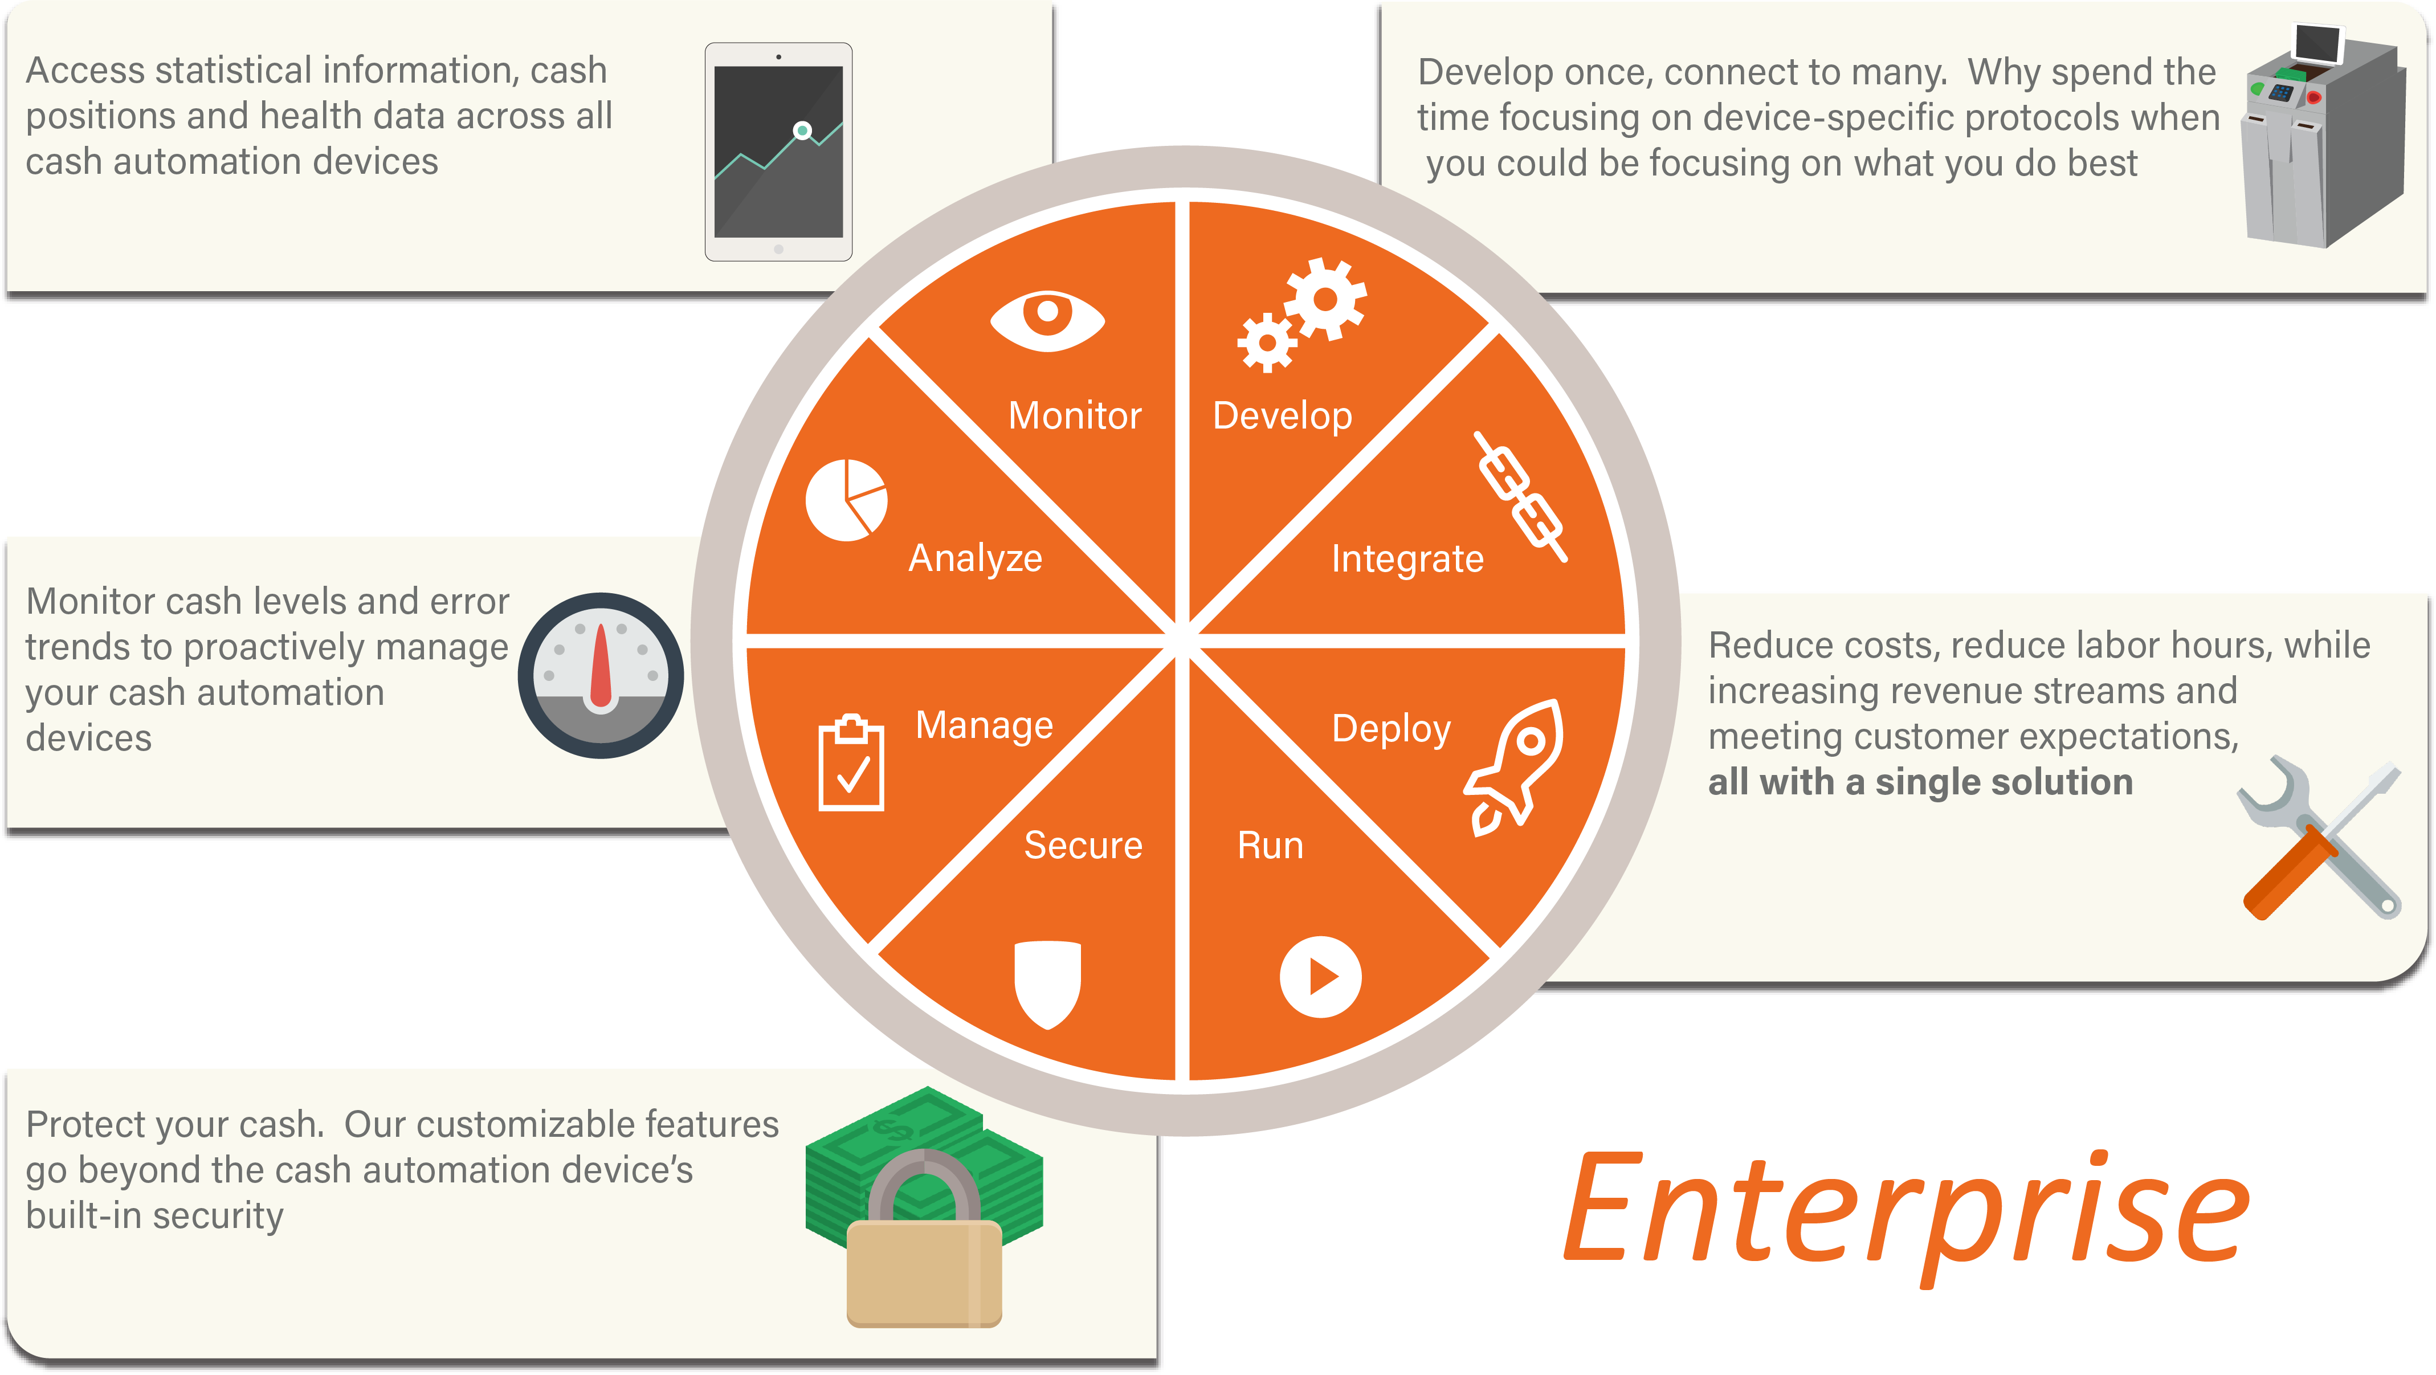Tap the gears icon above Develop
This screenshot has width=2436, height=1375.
[x=1302, y=315]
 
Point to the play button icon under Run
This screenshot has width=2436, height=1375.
[x=1320, y=977]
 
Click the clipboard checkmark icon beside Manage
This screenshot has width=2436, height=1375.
[x=851, y=763]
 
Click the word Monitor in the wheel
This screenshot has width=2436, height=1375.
[x=1075, y=416]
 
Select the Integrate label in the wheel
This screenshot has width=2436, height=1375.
[x=1407, y=560]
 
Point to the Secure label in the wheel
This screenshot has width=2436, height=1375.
[x=1084, y=846]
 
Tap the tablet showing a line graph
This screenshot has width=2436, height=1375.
[x=778, y=152]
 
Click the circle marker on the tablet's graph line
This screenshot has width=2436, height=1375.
[x=802, y=130]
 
